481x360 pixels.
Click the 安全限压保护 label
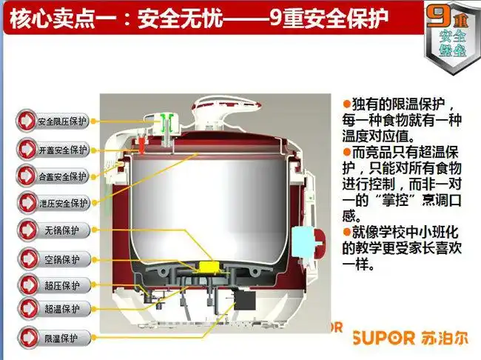62,121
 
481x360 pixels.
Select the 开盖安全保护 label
62,149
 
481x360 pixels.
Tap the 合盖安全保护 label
62,176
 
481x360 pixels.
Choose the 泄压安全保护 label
62,202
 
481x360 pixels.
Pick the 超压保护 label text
62,284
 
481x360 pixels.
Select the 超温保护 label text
62,308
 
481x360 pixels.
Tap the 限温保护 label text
62,338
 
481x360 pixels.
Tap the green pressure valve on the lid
168,121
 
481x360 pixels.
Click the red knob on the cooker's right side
320,239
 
